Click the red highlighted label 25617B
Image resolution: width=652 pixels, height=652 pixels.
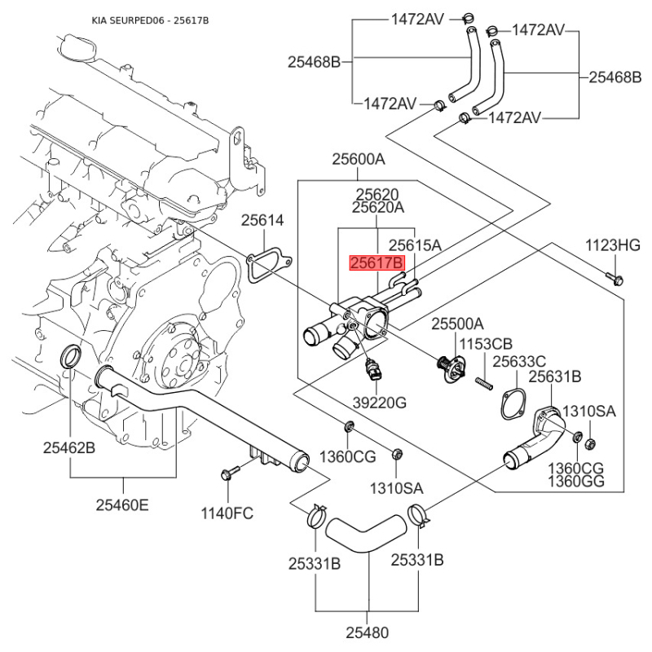(x=377, y=263)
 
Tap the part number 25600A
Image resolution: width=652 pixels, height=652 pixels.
(x=358, y=160)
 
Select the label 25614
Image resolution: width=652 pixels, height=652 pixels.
(x=262, y=220)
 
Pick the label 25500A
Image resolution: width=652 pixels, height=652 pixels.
(x=456, y=324)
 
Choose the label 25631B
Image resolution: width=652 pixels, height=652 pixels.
(x=554, y=377)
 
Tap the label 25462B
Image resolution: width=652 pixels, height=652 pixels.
(x=69, y=447)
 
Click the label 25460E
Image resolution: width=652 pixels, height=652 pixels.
(x=123, y=505)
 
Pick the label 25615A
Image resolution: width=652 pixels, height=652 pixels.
(x=414, y=244)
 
